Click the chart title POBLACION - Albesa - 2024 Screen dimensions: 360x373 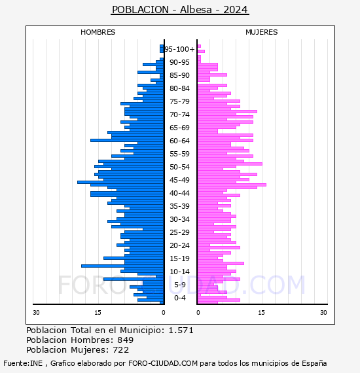[x=180, y=10]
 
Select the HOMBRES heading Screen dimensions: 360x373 [x=98, y=32]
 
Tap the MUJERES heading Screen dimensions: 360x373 [x=262, y=32]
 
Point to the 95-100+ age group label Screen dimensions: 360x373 [x=179, y=49]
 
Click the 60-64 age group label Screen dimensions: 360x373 [x=179, y=141]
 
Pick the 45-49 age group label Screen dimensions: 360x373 [x=179, y=180]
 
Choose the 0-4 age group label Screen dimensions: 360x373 [x=180, y=298]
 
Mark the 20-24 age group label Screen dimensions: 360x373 [x=179, y=245]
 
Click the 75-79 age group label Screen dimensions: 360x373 [x=179, y=101]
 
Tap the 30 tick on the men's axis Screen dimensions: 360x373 [x=36, y=312]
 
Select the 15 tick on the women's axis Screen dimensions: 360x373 [x=261, y=312]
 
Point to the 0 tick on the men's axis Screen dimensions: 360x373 [x=163, y=312]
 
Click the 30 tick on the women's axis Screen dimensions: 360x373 [x=323, y=312]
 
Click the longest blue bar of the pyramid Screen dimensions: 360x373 [x=120, y=182]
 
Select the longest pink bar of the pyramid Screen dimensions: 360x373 [x=232, y=185]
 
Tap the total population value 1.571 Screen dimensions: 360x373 [x=181, y=330]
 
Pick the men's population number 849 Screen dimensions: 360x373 [x=126, y=340]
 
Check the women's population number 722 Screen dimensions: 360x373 [x=121, y=349]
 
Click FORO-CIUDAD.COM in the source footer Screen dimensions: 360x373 [x=163, y=363]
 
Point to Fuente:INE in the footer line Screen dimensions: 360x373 [x=23, y=363]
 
